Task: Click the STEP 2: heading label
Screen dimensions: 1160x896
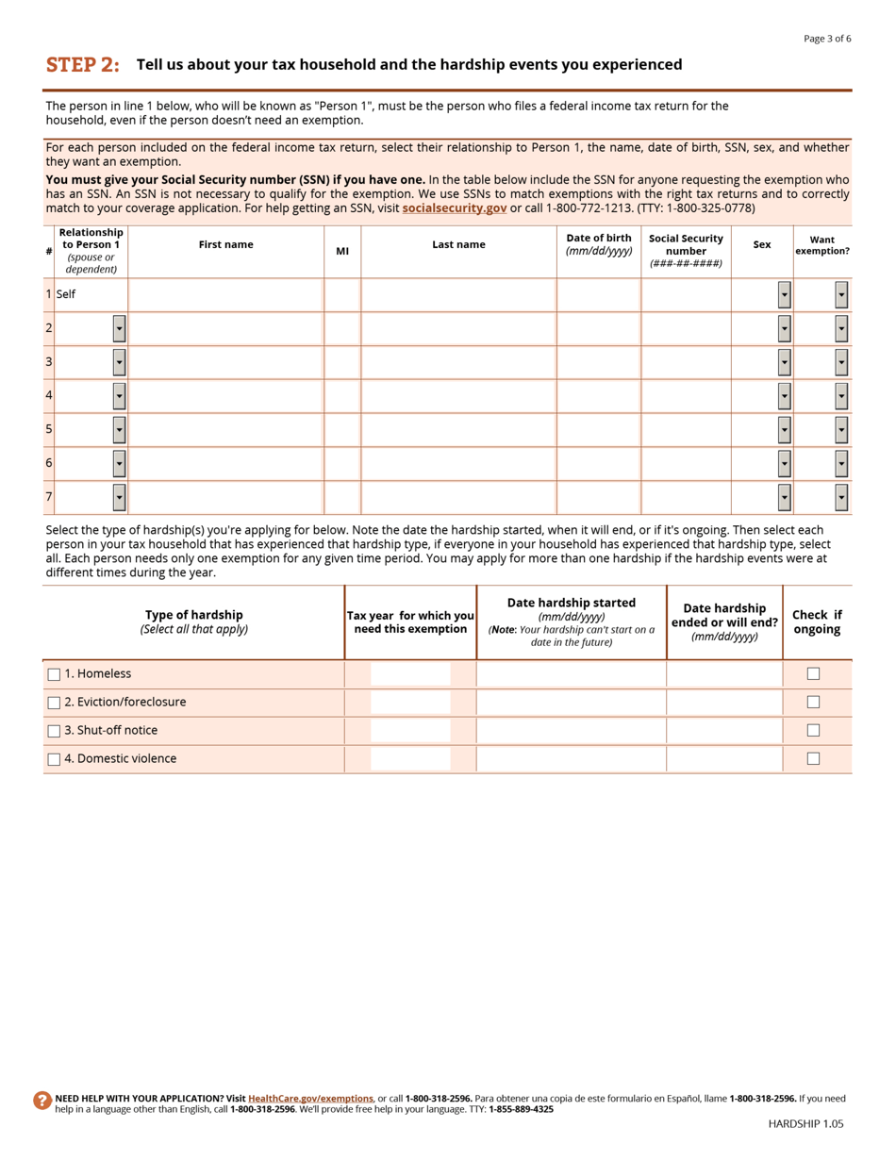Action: pos(83,65)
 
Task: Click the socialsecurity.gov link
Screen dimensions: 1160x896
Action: pos(454,207)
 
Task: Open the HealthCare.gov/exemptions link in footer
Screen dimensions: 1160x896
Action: pos(310,1098)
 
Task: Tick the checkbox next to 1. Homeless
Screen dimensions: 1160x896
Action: pos(54,674)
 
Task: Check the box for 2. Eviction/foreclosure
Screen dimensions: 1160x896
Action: pos(54,703)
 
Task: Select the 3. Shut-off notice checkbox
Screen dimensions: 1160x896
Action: pos(54,731)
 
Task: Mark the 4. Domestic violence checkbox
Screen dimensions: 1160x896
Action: pos(54,759)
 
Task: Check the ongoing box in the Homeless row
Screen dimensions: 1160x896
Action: pos(813,673)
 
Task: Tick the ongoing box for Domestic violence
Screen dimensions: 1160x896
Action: pos(813,758)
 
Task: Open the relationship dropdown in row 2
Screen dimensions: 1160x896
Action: pos(119,328)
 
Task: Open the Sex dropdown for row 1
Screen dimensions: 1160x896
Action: pos(784,295)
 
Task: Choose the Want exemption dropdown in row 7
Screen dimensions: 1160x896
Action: pos(840,497)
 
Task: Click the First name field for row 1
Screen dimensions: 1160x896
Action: pos(225,295)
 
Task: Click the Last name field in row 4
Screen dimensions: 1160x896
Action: pos(458,396)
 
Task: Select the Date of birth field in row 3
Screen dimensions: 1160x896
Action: pos(598,362)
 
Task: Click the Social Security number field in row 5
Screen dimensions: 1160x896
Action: pos(686,430)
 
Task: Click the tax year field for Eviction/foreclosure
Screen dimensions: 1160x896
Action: pos(410,703)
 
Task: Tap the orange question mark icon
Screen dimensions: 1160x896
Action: pos(42,1100)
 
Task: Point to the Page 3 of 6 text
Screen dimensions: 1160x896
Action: pos(826,39)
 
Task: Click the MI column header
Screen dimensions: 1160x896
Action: pos(342,251)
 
